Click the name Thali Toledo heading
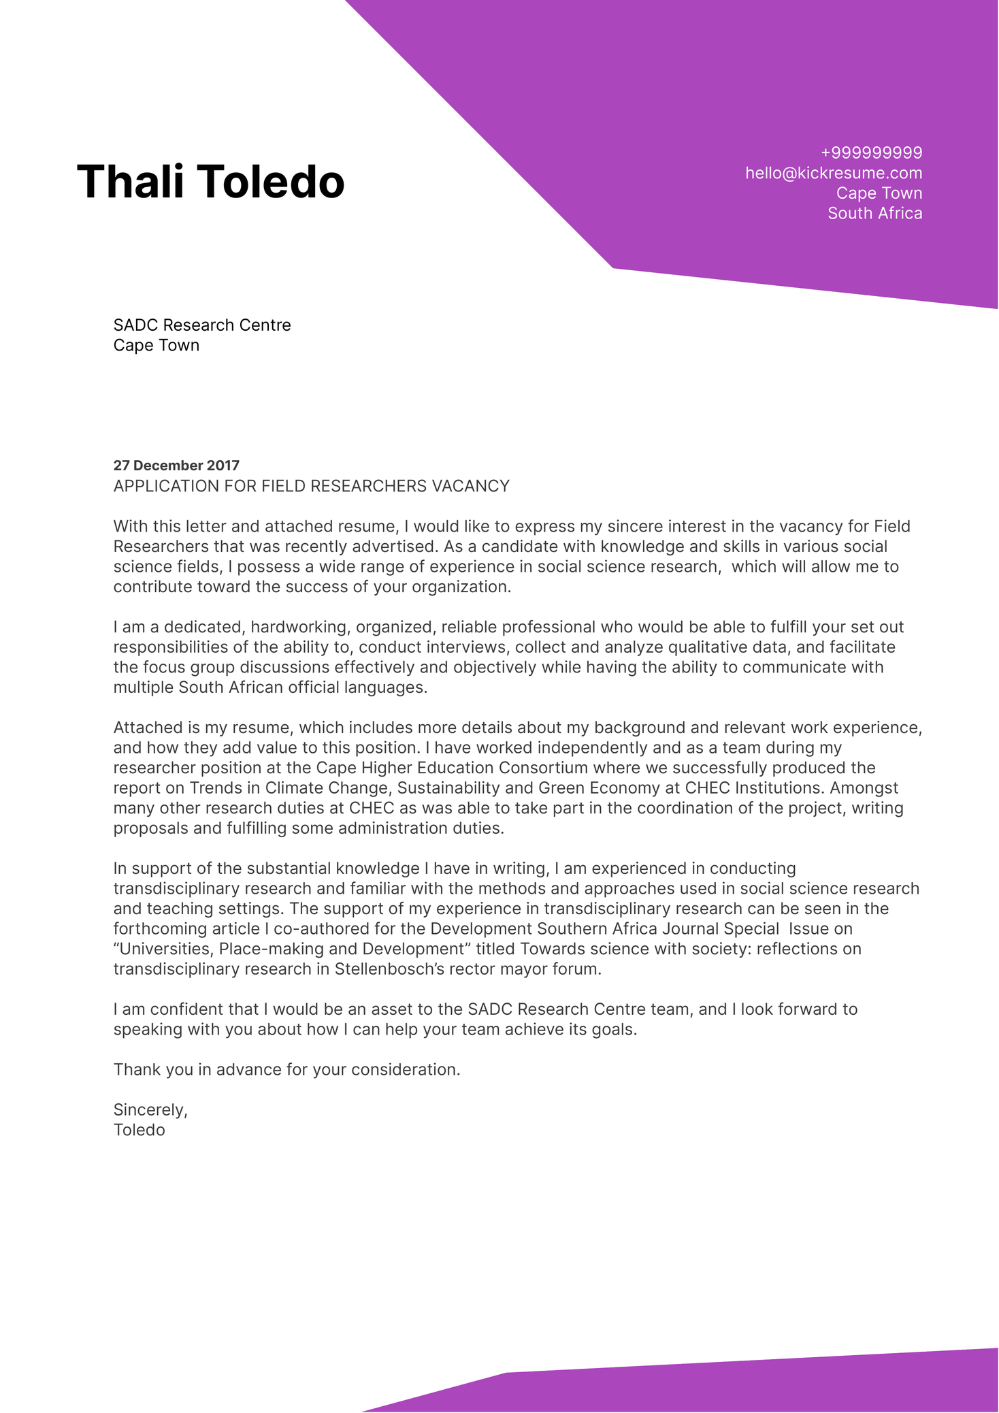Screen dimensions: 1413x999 [x=210, y=182]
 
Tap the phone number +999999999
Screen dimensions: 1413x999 [x=871, y=152]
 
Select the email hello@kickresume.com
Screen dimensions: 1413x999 [x=833, y=173]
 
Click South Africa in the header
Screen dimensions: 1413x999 [x=874, y=213]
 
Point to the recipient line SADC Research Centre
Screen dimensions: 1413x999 [x=201, y=325]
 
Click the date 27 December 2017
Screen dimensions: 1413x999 [x=176, y=466]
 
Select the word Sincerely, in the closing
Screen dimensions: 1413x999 [x=150, y=1110]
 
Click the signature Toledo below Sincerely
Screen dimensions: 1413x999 [x=139, y=1131]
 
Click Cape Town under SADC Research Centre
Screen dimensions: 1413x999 [x=156, y=346]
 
